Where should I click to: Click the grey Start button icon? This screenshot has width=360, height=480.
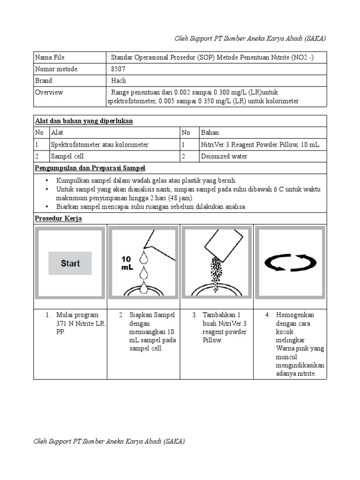tap(70, 263)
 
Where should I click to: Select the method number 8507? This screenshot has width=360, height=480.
tap(118, 69)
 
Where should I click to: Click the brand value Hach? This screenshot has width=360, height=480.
tap(118, 81)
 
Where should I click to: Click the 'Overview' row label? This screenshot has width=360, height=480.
tap(49, 92)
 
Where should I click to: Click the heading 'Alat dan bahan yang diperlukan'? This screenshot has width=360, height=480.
tap(84, 121)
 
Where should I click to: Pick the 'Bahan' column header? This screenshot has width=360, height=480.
tap(210, 133)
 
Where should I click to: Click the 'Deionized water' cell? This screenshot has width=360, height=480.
tap(224, 157)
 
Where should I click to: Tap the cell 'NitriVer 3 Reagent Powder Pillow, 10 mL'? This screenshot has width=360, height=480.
tap(260, 145)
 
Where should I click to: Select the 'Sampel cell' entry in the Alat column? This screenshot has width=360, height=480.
tap(67, 157)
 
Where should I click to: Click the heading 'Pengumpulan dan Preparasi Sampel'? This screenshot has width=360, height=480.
tap(90, 168)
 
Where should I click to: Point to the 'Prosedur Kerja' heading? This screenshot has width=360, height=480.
tap(59, 218)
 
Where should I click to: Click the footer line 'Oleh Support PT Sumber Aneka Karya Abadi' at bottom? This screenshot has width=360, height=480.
tap(109, 442)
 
